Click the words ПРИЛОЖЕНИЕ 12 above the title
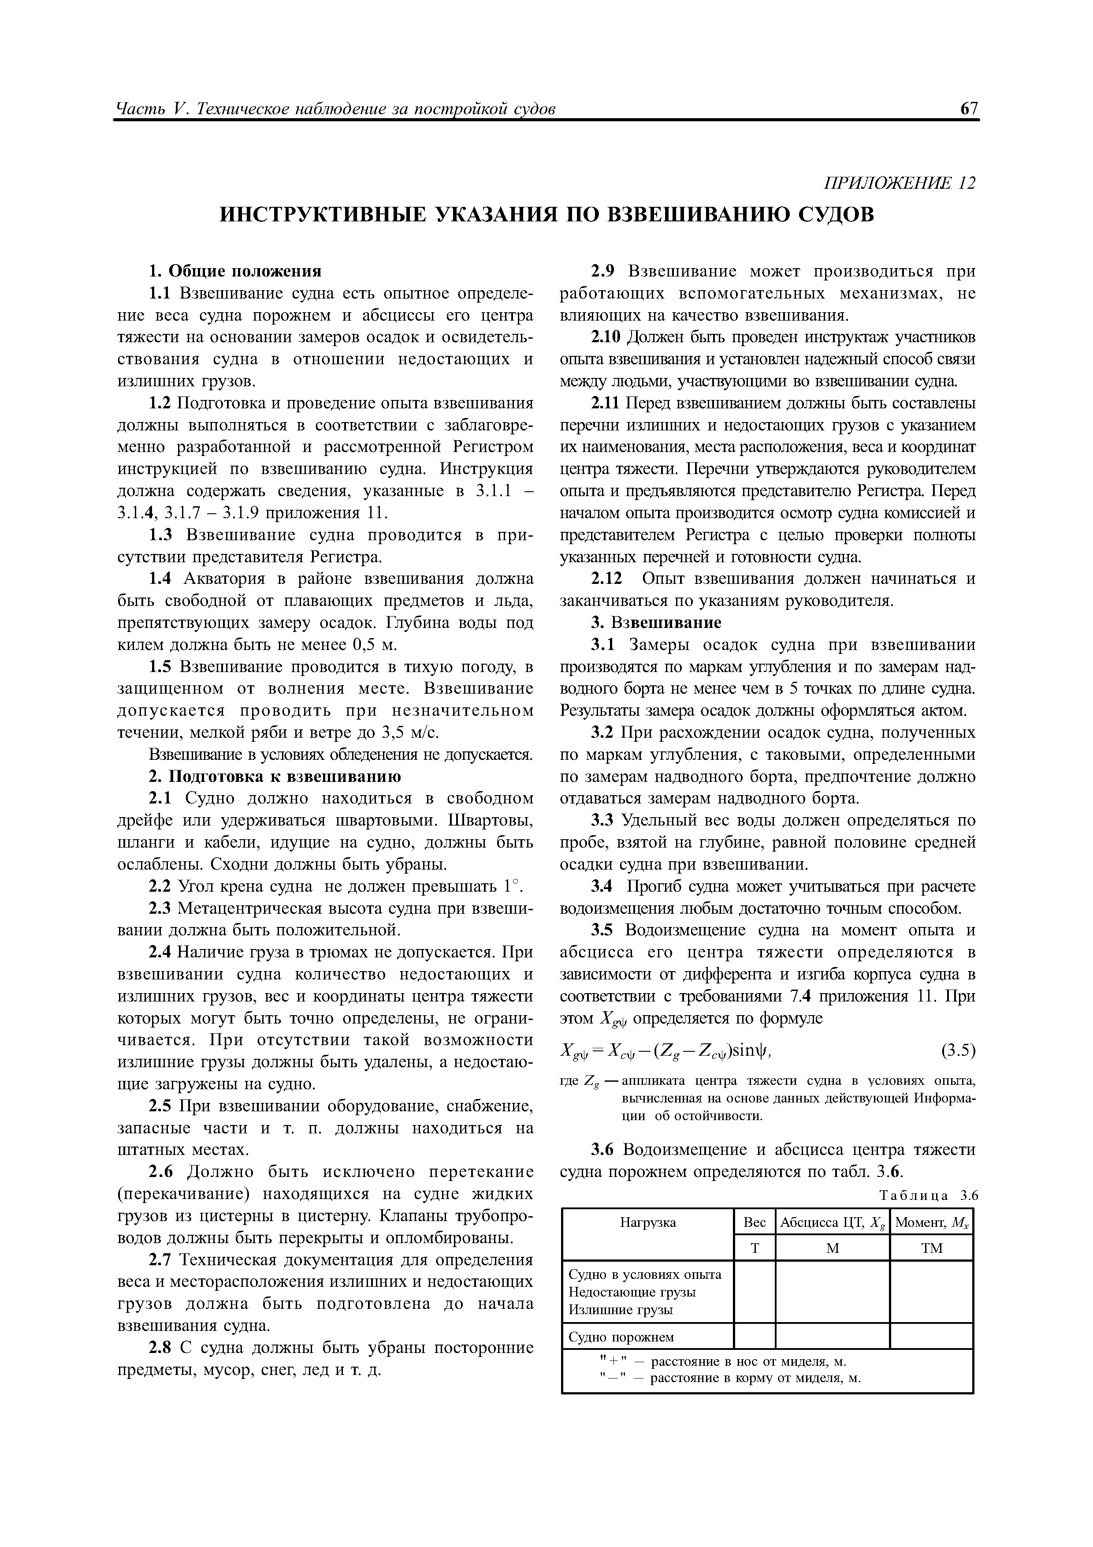899,183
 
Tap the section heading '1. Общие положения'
235,272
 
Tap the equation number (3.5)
957,1050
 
